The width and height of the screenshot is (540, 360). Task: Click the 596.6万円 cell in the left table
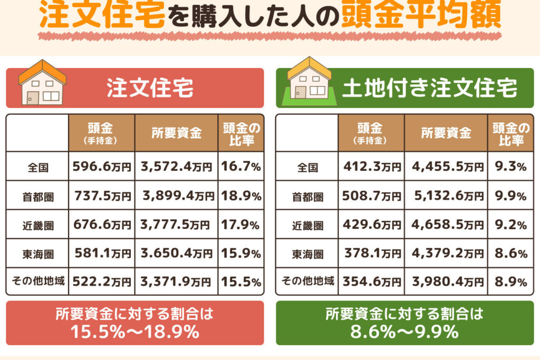pyautogui.click(x=102, y=166)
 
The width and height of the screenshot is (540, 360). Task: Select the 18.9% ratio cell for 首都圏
pyautogui.click(x=241, y=196)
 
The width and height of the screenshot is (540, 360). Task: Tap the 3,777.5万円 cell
pyautogui.click(x=176, y=225)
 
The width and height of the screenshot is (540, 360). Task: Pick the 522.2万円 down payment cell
pyautogui.click(x=102, y=281)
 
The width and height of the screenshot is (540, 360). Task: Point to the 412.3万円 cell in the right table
pyautogui.click(x=371, y=166)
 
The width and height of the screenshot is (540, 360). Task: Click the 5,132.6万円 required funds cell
pyautogui.click(x=446, y=196)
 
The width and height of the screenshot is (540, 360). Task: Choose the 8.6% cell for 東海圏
pyautogui.click(x=510, y=254)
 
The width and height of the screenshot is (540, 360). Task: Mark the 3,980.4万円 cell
pyautogui.click(x=446, y=281)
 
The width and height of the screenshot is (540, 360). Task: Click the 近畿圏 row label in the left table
pyautogui.click(x=38, y=226)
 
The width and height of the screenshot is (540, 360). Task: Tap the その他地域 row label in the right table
pyautogui.click(x=307, y=281)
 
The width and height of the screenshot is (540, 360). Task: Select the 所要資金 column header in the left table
pyautogui.click(x=176, y=133)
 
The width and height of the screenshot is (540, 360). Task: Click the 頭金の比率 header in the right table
pyautogui.click(x=510, y=133)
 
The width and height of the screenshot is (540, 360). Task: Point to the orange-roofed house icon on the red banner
pyautogui.click(x=42, y=83)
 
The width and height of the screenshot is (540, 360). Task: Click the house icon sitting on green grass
pyautogui.click(x=309, y=81)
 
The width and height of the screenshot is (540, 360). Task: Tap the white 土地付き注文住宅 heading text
pyautogui.click(x=429, y=88)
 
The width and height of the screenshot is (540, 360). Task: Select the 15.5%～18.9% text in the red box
pyautogui.click(x=134, y=332)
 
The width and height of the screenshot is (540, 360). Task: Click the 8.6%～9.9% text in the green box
pyautogui.click(x=404, y=332)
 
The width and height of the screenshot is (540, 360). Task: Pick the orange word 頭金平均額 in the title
pyautogui.click(x=421, y=14)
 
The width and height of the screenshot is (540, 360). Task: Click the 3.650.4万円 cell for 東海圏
pyautogui.click(x=176, y=254)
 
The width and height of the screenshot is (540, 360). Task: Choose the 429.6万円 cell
pyautogui.click(x=371, y=225)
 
